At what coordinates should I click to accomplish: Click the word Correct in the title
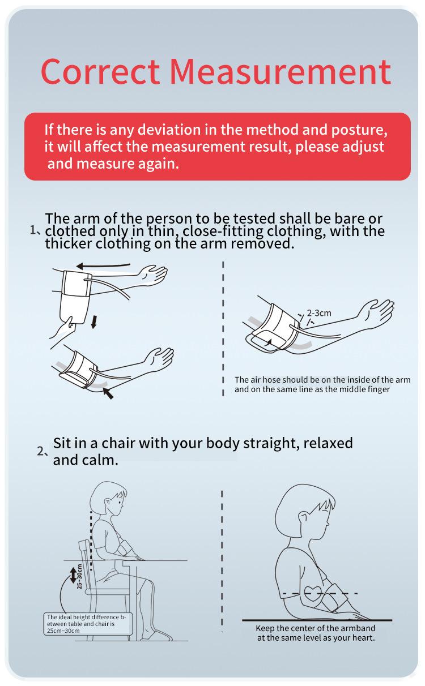[x=100, y=71]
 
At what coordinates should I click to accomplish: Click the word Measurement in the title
[x=280, y=71]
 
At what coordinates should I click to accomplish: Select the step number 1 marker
[x=35, y=230]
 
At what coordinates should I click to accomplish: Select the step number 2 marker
[x=42, y=452]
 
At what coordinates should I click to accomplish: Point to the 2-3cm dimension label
[x=319, y=313]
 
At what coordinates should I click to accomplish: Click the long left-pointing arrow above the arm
[x=103, y=265]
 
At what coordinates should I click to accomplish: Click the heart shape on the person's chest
[x=316, y=593]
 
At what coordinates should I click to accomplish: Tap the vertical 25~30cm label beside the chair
[x=79, y=576]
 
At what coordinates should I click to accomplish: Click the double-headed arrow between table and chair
[x=73, y=576]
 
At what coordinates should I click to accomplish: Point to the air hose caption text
[x=322, y=384]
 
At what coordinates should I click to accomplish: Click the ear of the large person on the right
[x=303, y=518]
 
